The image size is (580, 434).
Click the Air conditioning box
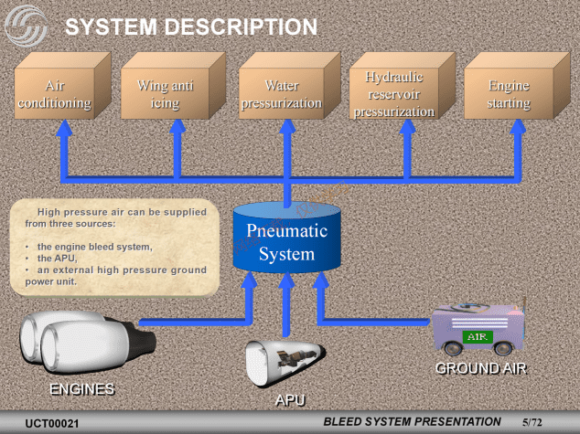(56, 95)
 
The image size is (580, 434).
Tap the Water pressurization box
(281, 95)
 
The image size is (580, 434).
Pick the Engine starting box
(509, 95)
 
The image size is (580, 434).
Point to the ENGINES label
(81, 389)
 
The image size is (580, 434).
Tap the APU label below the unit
(290, 400)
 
